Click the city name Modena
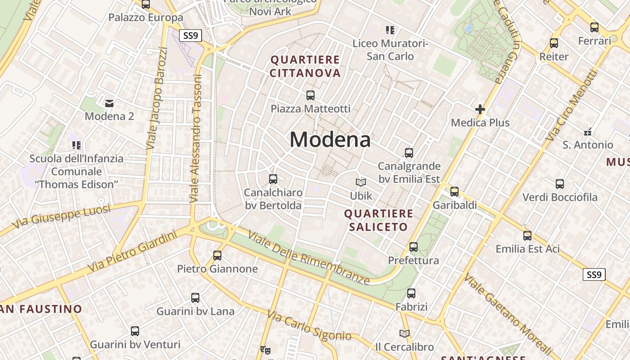[330, 139]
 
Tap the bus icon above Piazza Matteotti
[310, 95]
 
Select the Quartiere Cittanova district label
[305, 66]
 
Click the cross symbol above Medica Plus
[480, 109]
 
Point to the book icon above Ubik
[361, 182]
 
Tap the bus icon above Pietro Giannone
[217, 255]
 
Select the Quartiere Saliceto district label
[378, 220]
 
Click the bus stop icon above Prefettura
[413, 247]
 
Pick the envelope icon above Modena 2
[109, 103]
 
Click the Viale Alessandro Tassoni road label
[196, 138]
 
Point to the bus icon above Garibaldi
[454, 191]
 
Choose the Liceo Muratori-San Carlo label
[390, 49]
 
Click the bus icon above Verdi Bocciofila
[559, 184]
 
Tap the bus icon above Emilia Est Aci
[527, 235]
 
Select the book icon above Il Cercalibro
[405, 333]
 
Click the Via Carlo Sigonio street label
[309, 326]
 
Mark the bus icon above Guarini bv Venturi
[135, 331]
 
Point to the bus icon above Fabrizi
[411, 293]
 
